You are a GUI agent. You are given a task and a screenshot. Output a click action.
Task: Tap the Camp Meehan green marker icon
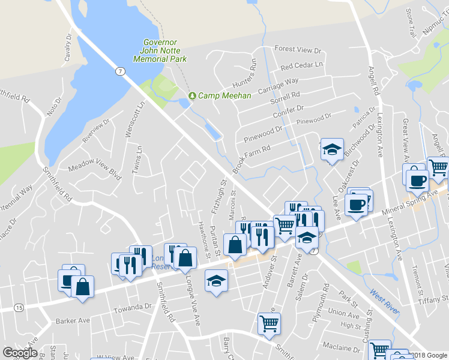pos(192,96)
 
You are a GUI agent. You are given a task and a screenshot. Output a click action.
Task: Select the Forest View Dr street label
pos(298,49)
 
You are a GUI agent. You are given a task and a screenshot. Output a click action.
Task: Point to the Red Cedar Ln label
pos(301,65)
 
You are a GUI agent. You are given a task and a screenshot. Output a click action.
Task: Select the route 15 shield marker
pos(19,308)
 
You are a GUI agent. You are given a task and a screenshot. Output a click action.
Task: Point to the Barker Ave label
pos(73,320)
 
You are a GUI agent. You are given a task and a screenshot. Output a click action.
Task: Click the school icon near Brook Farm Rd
pos(331,149)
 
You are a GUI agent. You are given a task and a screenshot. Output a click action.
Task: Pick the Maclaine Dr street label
pos(340,347)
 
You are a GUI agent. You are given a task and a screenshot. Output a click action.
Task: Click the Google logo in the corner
pos(20,353)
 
